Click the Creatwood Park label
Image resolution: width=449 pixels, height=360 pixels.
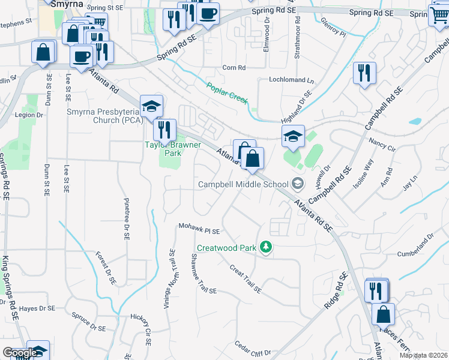point(227,248)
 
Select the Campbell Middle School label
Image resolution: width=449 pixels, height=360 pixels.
point(244,184)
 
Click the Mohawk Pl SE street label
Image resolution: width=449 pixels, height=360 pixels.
point(200,229)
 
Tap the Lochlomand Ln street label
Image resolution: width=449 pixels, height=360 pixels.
point(292,80)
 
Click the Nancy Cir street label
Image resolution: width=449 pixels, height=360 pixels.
point(382,145)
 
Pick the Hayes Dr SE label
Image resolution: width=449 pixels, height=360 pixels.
point(37,308)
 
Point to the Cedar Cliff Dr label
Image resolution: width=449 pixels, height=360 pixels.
point(253,350)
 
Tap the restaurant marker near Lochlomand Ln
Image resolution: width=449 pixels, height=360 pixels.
point(364,73)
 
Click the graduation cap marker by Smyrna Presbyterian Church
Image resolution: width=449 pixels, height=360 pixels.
point(151,106)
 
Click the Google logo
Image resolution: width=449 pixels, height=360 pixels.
point(20,353)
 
